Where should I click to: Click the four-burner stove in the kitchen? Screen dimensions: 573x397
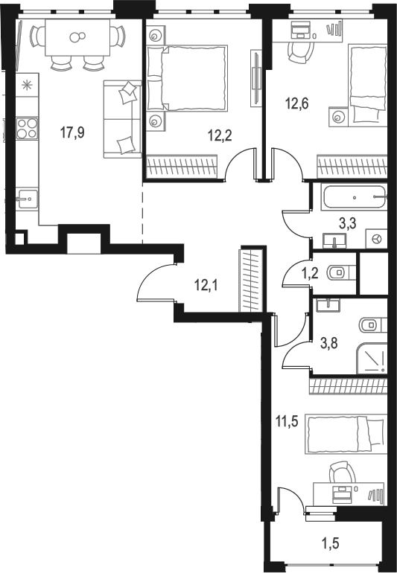28,128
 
